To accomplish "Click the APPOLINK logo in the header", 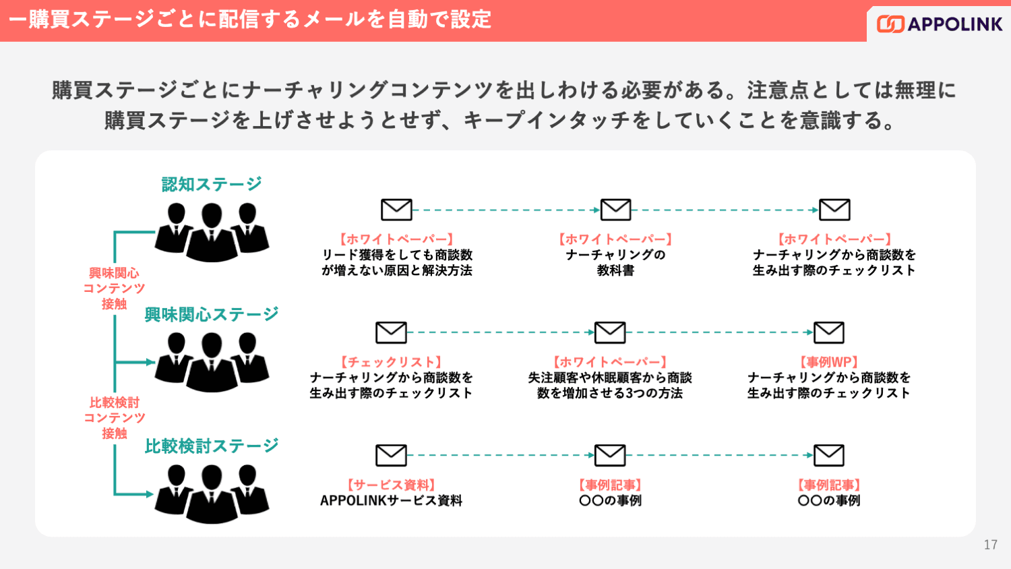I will (x=940, y=24).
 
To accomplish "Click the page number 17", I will (x=990, y=545).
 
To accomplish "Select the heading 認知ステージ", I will (x=212, y=184).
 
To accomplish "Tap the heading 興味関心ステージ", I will (x=212, y=314).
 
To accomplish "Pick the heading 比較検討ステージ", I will (x=212, y=446).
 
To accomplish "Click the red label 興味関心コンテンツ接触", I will (x=114, y=289).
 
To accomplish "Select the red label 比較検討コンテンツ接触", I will (x=114, y=418).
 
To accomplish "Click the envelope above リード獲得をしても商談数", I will (x=396, y=210).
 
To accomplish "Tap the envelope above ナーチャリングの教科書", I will (x=615, y=210).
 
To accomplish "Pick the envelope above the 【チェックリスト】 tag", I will (x=391, y=332).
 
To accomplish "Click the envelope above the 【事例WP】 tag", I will (x=828, y=332).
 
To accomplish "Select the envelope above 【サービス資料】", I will (x=391, y=455).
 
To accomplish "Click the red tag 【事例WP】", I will (x=828, y=362).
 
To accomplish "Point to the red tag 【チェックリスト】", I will (x=391, y=362).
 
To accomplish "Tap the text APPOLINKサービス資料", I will (x=391, y=500).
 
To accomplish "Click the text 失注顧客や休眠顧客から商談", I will (x=610, y=378).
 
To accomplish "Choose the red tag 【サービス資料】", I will (x=391, y=485).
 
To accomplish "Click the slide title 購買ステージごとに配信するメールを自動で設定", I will (x=250, y=20).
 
